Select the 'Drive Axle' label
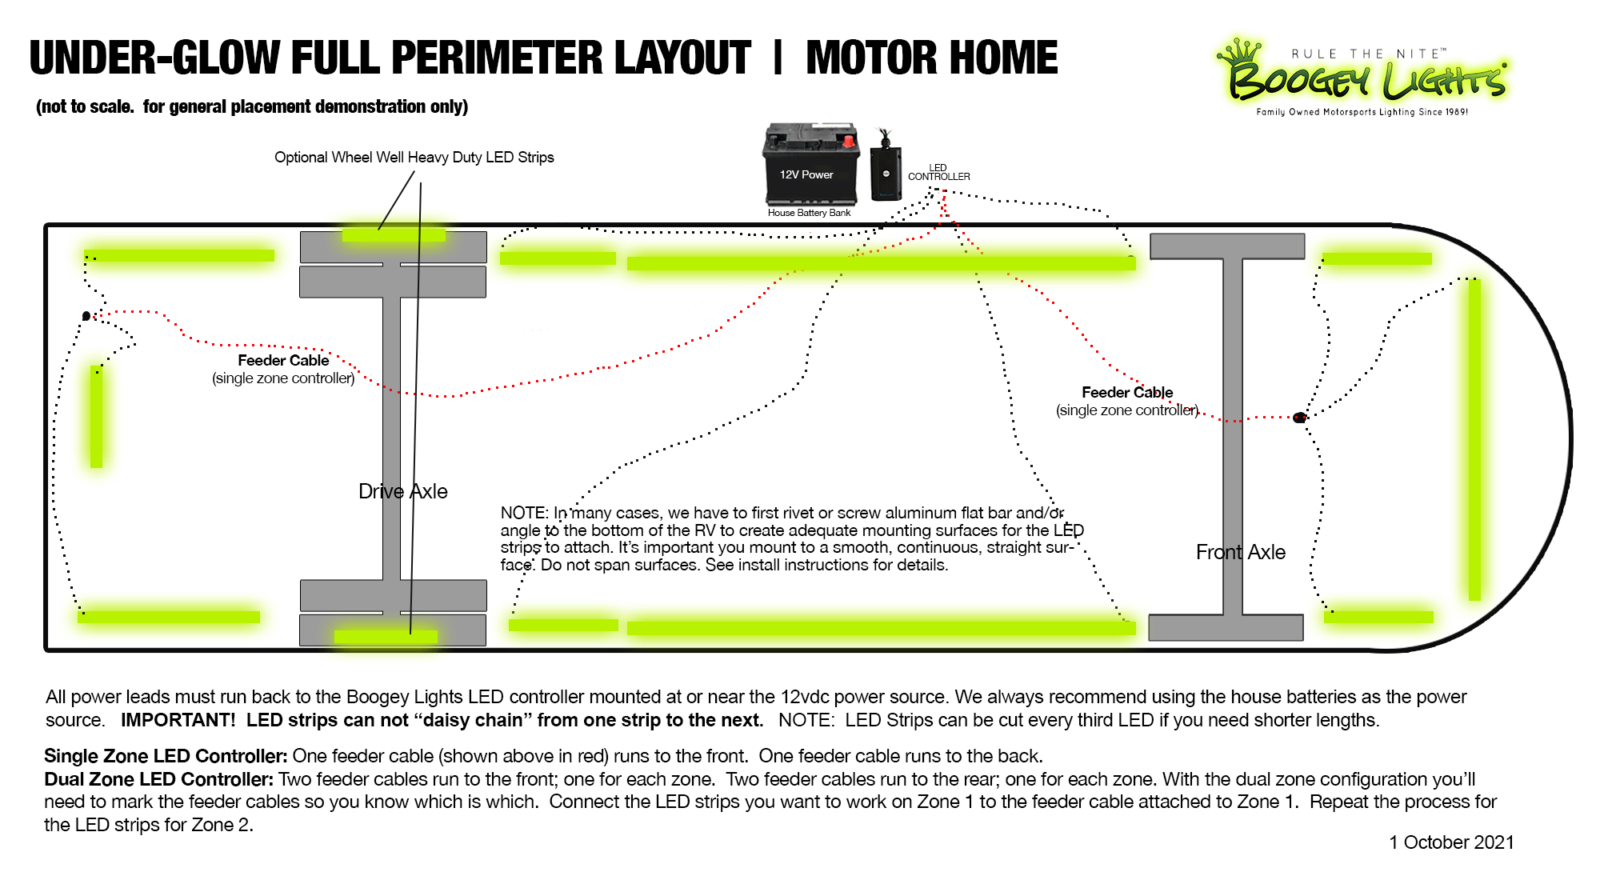point(402,491)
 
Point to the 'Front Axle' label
point(1240,552)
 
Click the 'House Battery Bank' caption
point(809,213)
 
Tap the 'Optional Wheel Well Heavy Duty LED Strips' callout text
point(414,158)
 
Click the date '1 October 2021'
point(1450,842)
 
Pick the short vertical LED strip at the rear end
point(96,416)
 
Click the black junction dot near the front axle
point(1299,418)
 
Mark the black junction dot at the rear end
point(86,316)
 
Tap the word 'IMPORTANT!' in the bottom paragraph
point(178,720)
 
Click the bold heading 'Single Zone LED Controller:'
point(166,756)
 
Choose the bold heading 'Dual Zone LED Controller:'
point(158,779)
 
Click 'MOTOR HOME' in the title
point(931,58)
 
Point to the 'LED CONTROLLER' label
point(938,173)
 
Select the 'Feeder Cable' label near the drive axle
point(283,361)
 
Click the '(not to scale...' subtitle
point(252,106)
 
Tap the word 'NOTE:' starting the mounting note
point(524,513)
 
